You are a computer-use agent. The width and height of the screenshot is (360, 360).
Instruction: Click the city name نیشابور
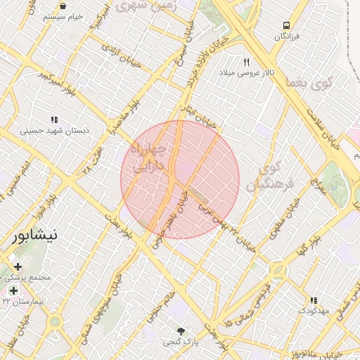coord(35,234)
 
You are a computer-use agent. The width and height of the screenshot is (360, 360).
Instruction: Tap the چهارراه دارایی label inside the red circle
coord(149,159)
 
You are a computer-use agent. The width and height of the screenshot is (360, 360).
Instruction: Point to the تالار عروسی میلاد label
coord(247,72)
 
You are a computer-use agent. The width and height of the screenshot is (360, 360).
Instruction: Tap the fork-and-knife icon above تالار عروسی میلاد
coord(247,62)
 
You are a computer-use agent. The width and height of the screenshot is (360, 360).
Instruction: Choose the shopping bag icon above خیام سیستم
coord(63,6)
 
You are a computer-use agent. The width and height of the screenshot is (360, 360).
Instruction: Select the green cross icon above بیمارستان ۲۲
coord(13,290)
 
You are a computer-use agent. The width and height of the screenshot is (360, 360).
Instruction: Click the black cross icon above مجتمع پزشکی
coord(18,267)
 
